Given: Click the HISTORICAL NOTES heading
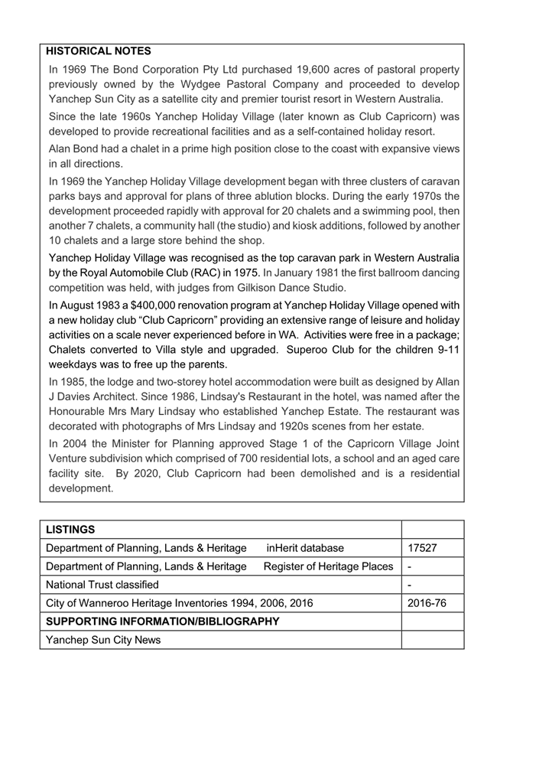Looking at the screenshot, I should (99, 51).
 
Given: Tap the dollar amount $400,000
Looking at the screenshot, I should (182, 305).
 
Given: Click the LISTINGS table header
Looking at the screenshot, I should (70, 530).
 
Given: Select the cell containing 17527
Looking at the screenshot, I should (422, 548).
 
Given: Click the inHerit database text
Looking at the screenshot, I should (305, 548).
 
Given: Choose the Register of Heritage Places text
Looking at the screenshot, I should (328, 566).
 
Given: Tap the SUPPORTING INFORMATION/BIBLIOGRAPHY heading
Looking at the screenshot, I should (163, 622).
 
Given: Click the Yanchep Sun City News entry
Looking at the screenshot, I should (103, 640).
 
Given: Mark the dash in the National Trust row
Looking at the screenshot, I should (411, 585).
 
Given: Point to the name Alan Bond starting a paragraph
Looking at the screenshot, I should (77, 148).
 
